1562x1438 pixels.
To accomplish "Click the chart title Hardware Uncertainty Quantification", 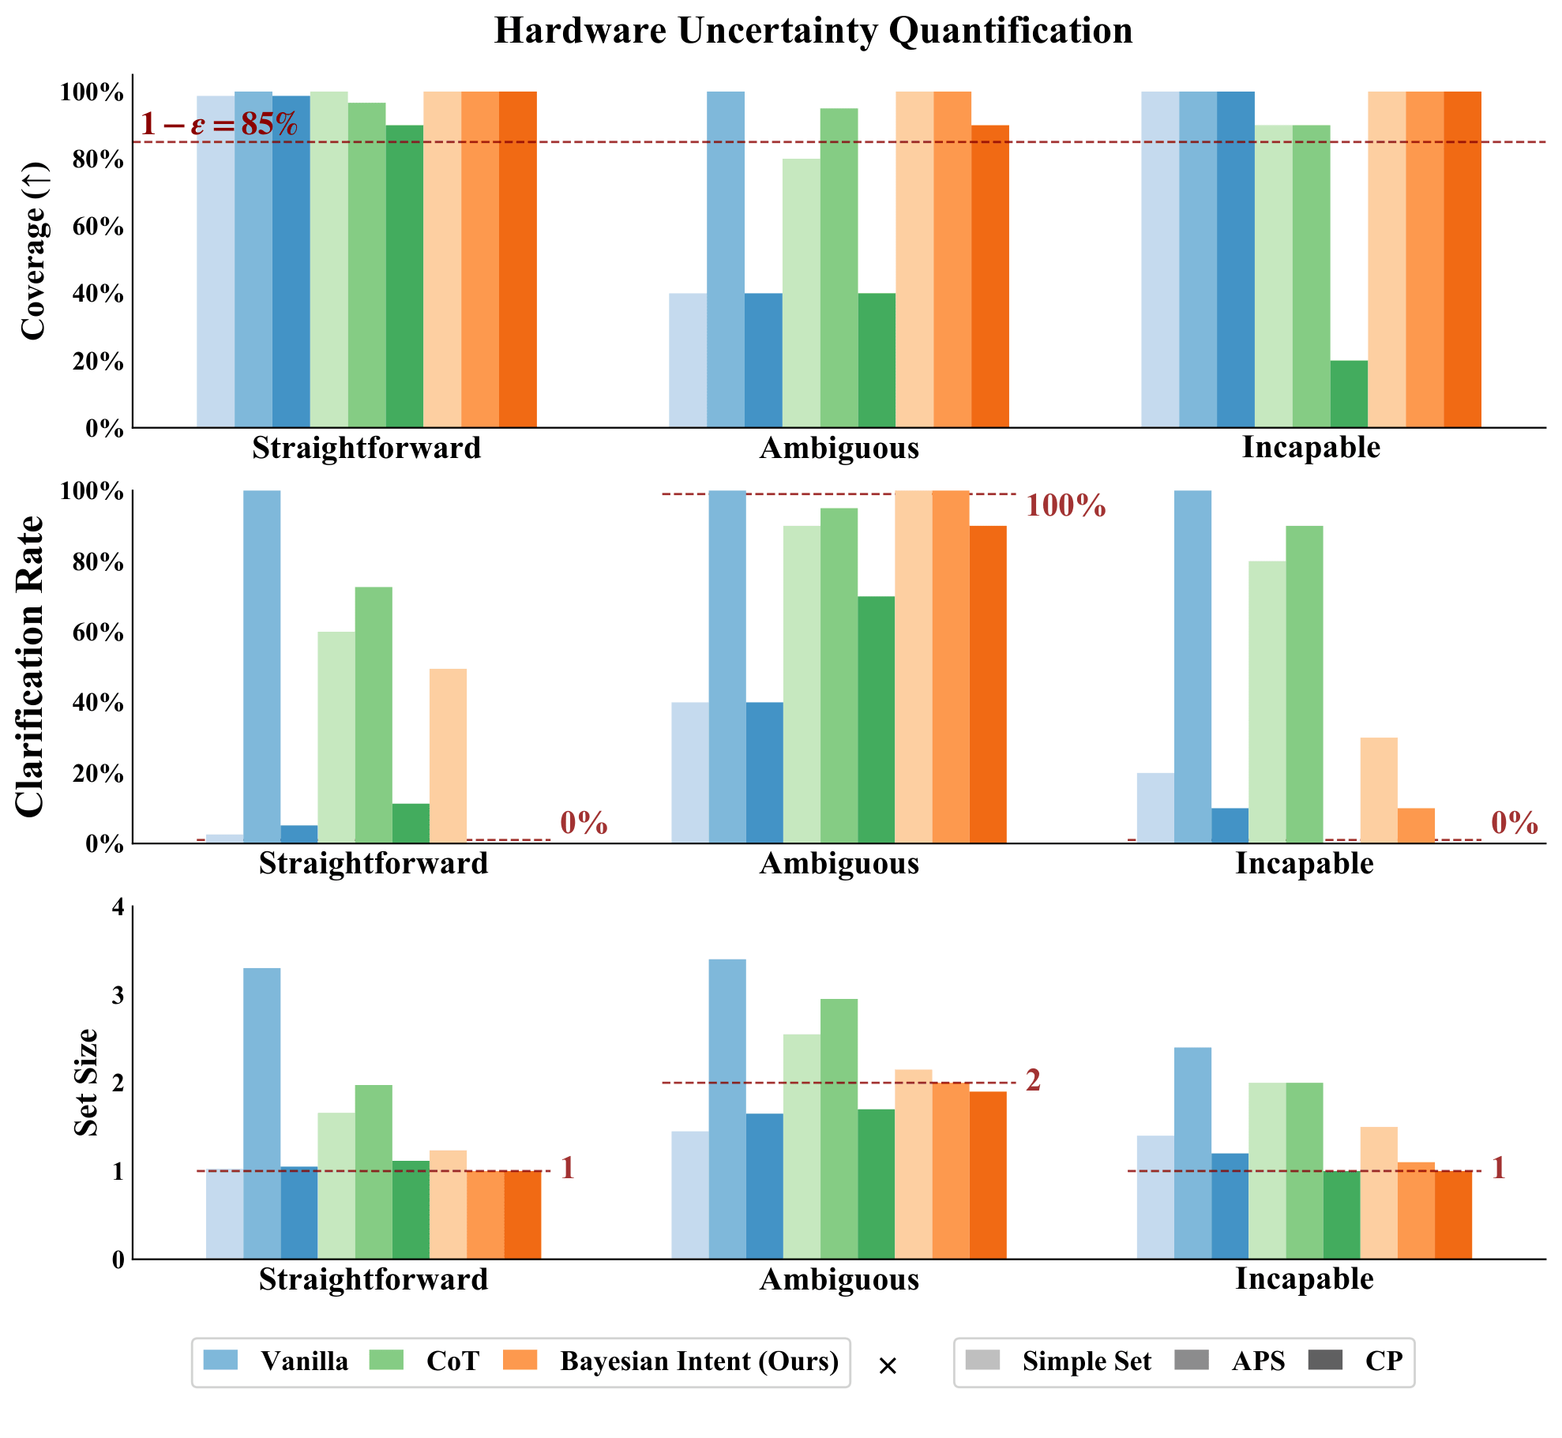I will [x=813, y=32].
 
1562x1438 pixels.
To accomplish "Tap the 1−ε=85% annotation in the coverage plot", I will [x=219, y=124].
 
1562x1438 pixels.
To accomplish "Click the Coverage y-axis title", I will [x=33, y=250].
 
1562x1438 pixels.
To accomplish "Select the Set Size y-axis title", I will [x=85, y=1082].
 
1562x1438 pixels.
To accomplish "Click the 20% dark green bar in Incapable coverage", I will [x=1349, y=394].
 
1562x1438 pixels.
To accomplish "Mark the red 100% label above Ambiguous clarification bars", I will [x=1065, y=506].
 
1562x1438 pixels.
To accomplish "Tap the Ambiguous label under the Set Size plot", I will [x=839, y=1278].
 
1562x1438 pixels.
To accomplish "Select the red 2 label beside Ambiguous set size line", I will [x=1033, y=1080].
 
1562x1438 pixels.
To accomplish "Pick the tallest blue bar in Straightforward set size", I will [x=261, y=1113].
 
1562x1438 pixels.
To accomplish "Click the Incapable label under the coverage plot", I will [x=1311, y=447].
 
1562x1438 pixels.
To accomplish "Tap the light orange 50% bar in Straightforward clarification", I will [x=448, y=756].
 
